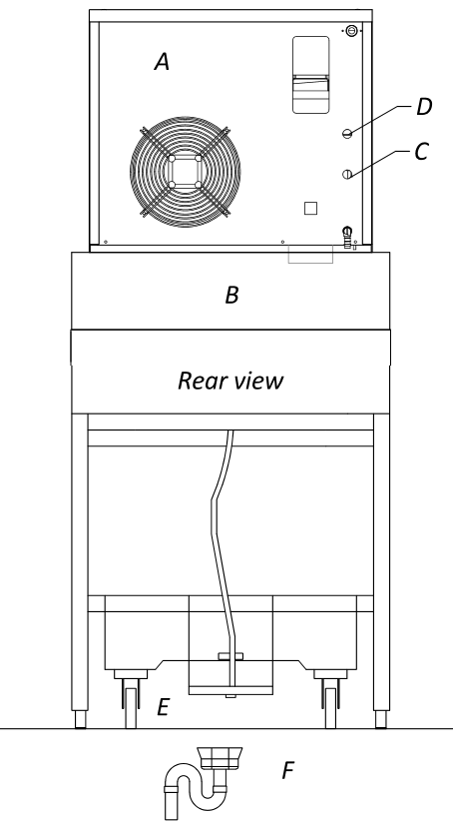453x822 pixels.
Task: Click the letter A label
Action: pyautogui.click(x=163, y=62)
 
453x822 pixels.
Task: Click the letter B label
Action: pyautogui.click(x=231, y=296)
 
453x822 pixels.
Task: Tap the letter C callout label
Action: pyautogui.click(x=422, y=152)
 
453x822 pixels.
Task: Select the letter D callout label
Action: pyautogui.click(x=424, y=107)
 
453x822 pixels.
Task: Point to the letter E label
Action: pyautogui.click(x=163, y=707)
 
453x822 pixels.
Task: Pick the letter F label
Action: pyautogui.click(x=287, y=771)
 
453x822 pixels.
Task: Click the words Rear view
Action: pyautogui.click(x=230, y=381)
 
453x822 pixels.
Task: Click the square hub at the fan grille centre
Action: pyautogui.click(x=185, y=172)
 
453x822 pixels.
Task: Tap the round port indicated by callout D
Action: pyautogui.click(x=346, y=134)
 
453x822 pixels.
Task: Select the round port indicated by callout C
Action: pyautogui.click(x=346, y=175)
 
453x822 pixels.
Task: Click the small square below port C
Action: pyautogui.click(x=310, y=208)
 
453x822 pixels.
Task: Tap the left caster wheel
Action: pyautogui.click(x=131, y=708)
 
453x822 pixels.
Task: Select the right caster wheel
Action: pyautogui.click(x=330, y=708)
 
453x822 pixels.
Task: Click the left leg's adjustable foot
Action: pyautogui.click(x=80, y=720)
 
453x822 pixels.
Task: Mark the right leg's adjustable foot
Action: pyautogui.click(x=382, y=720)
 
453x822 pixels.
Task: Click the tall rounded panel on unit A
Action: pyautogui.click(x=311, y=75)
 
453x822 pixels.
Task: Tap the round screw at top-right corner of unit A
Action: pyautogui.click(x=352, y=31)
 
